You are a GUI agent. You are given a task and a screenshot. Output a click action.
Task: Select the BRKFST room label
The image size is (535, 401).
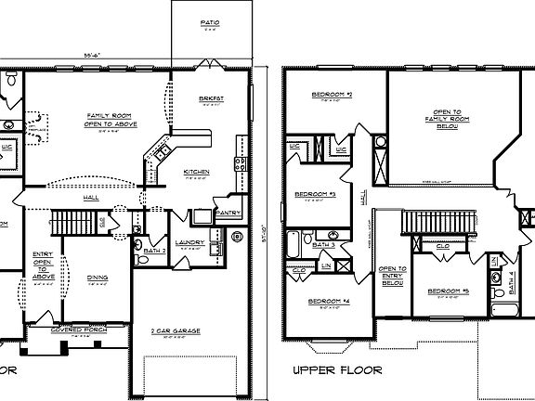pos(213,98)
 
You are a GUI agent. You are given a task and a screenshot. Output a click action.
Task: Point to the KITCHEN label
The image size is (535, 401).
pos(197,171)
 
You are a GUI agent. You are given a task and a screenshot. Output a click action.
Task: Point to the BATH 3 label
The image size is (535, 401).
pos(323,244)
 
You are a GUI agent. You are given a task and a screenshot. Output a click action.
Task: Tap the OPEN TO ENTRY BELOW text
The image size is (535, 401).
pos(391,276)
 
